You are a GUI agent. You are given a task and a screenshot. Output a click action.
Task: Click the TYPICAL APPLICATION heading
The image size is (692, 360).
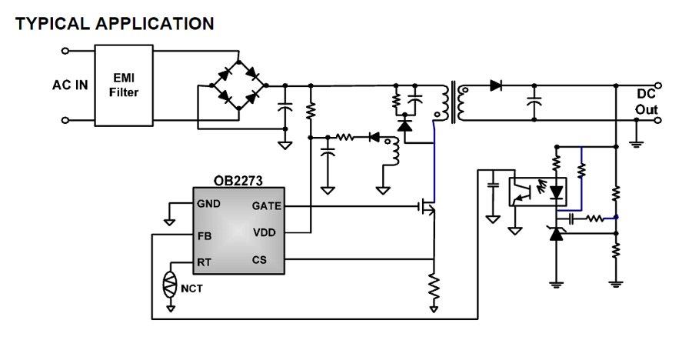tap(115, 24)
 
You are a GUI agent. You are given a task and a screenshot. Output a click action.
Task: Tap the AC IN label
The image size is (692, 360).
tap(70, 85)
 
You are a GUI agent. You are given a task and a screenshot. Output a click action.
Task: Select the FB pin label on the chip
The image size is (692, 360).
tap(204, 236)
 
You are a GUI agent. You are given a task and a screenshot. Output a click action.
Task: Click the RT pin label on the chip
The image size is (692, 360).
tap(204, 262)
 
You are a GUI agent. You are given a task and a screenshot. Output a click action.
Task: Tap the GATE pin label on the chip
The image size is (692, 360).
tap(266, 206)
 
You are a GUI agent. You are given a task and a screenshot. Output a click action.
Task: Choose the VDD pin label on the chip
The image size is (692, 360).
tap(264, 232)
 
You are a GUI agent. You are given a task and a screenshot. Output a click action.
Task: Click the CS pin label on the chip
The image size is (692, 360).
tap(259, 260)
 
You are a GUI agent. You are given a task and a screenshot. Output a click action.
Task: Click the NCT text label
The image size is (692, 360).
tap(192, 289)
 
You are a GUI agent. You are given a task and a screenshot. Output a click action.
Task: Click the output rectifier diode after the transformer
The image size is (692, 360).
tap(496, 85)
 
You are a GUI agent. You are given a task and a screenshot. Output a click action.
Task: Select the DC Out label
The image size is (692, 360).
tap(646, 102)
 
